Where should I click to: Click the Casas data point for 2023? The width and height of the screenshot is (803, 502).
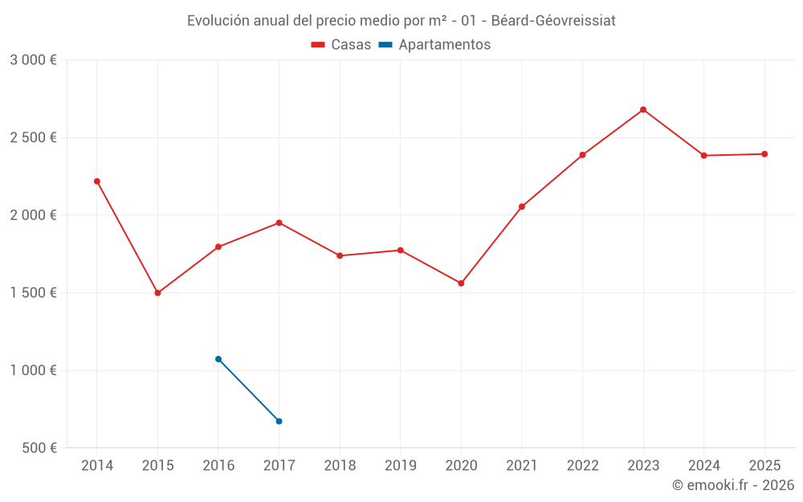[643, 110]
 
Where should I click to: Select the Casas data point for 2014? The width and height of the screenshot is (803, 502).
[97, 182]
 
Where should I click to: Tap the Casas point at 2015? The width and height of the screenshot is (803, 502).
[157, 293]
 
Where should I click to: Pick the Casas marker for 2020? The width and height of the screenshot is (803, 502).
[461, 284]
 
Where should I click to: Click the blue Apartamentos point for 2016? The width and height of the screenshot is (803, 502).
[218, 359]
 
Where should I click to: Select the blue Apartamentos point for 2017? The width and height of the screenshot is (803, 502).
[279, 421]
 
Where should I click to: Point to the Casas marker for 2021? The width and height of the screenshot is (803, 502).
[522, 207]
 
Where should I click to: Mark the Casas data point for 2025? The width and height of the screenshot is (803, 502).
[764, 154]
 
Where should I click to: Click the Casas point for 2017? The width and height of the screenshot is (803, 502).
[279, 222]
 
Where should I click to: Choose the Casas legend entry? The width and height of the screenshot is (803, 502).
[341, 45]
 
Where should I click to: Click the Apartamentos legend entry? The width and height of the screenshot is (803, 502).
[434, 45]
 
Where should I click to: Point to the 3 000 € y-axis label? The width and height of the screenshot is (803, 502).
[33, 60]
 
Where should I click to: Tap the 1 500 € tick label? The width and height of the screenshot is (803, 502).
[33, 293]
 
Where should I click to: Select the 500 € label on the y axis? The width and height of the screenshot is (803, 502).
[39, 448]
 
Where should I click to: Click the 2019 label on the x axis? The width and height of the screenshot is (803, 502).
[400, 466]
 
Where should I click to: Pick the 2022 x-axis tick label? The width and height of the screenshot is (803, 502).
[582, 466]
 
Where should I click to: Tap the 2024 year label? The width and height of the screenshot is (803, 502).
[703, 466]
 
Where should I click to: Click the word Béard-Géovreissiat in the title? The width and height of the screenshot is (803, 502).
[553, 21]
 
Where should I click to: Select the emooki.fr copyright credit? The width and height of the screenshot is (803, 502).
[733, 485]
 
